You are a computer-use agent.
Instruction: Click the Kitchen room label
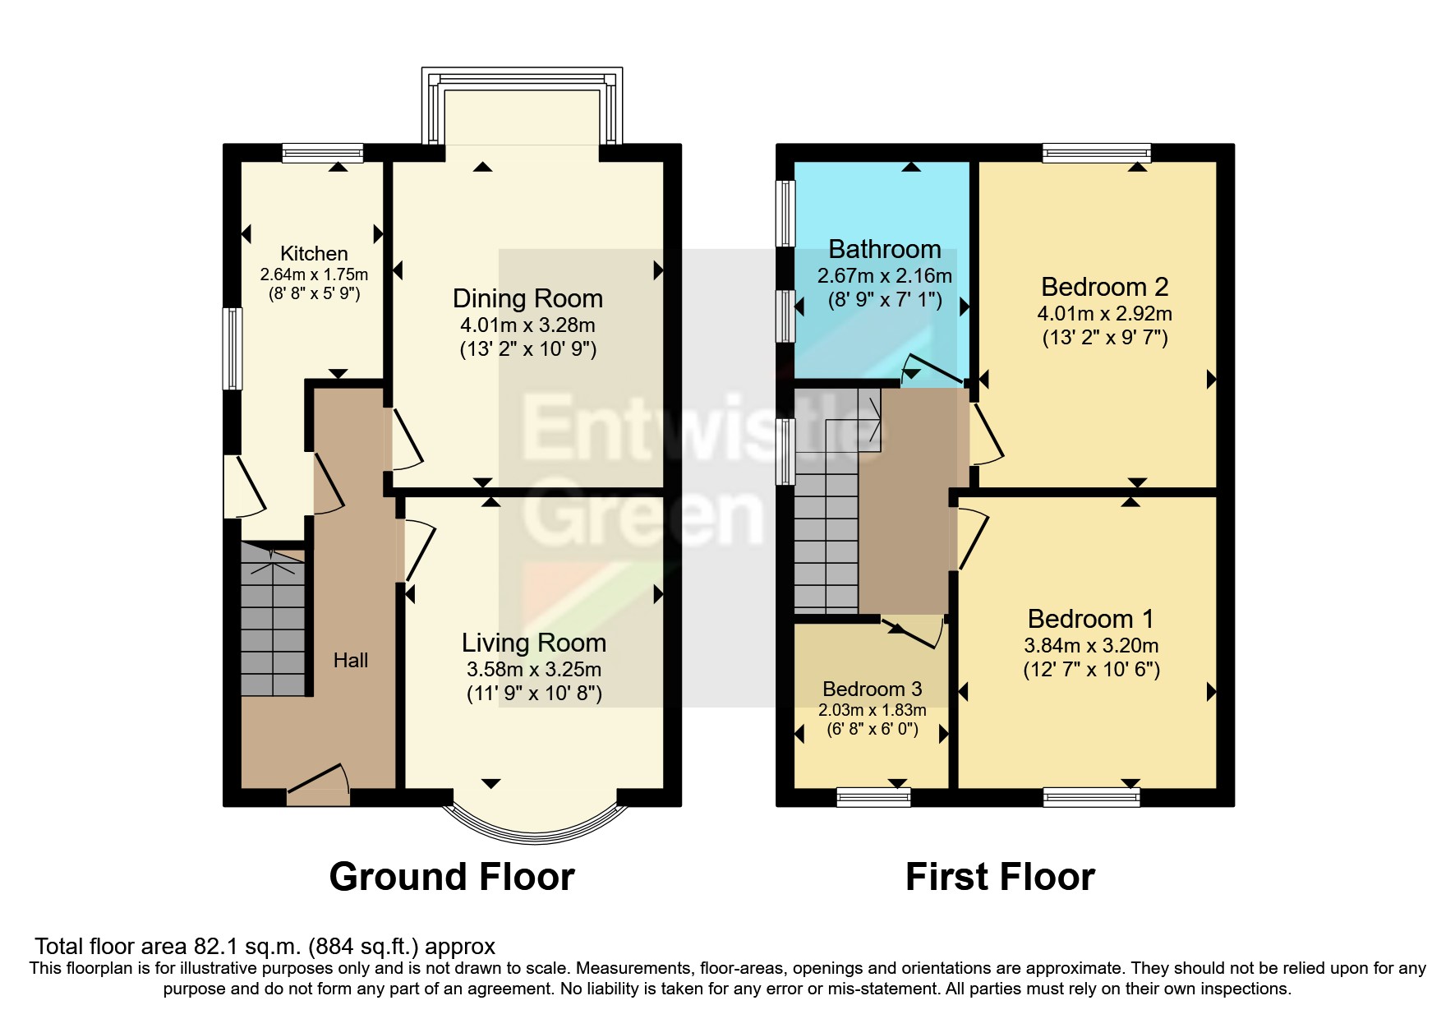click(314, 254)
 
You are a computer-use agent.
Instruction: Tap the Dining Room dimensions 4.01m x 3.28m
click(527, 325)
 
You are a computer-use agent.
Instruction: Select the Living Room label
click(533, 643)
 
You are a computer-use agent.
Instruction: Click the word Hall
click(350, 660)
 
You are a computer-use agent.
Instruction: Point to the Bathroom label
click(884, 249)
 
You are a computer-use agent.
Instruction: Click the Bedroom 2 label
click(1104, 287)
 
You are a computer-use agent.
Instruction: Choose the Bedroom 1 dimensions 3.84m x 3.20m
click(1091, 646)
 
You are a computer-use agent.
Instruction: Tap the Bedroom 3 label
click(872, 689)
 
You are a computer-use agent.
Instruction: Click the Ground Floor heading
click(451, 877)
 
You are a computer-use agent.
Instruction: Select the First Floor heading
click(999, 877)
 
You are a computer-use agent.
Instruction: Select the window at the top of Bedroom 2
click(1096, 152)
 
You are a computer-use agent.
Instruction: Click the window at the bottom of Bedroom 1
click(1091, 796)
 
